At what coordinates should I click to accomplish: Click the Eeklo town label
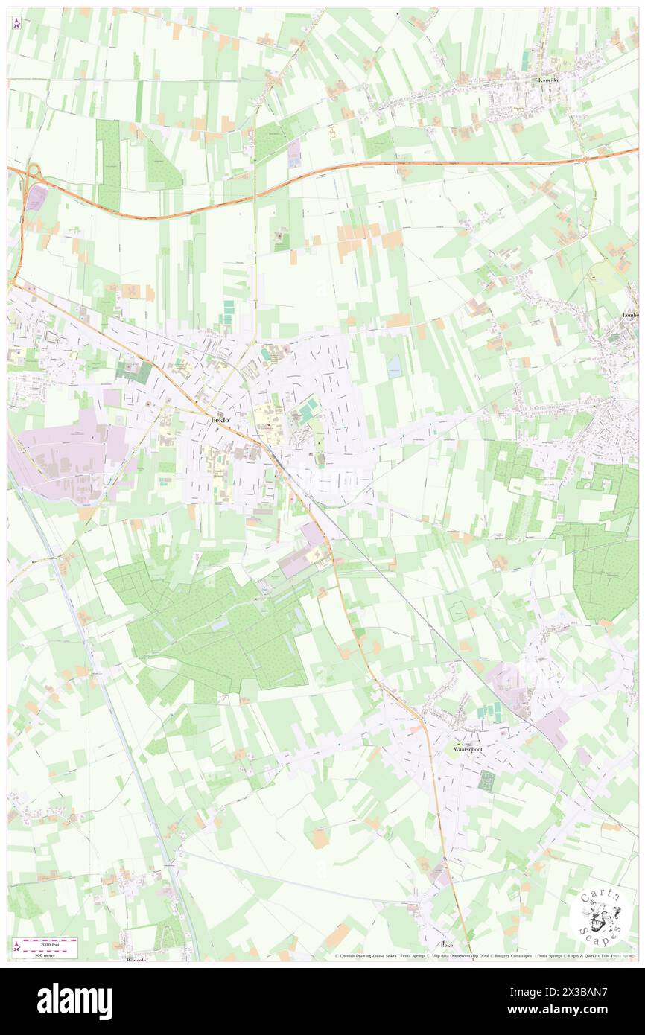click(220, 421)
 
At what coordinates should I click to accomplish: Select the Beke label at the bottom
click(447, 944)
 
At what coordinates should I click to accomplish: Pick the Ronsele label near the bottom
click(136, 959)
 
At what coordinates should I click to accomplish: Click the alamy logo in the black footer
click(74, 1001)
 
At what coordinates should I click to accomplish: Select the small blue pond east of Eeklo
click(393, 366)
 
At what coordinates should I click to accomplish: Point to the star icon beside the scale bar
click(17, 946)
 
